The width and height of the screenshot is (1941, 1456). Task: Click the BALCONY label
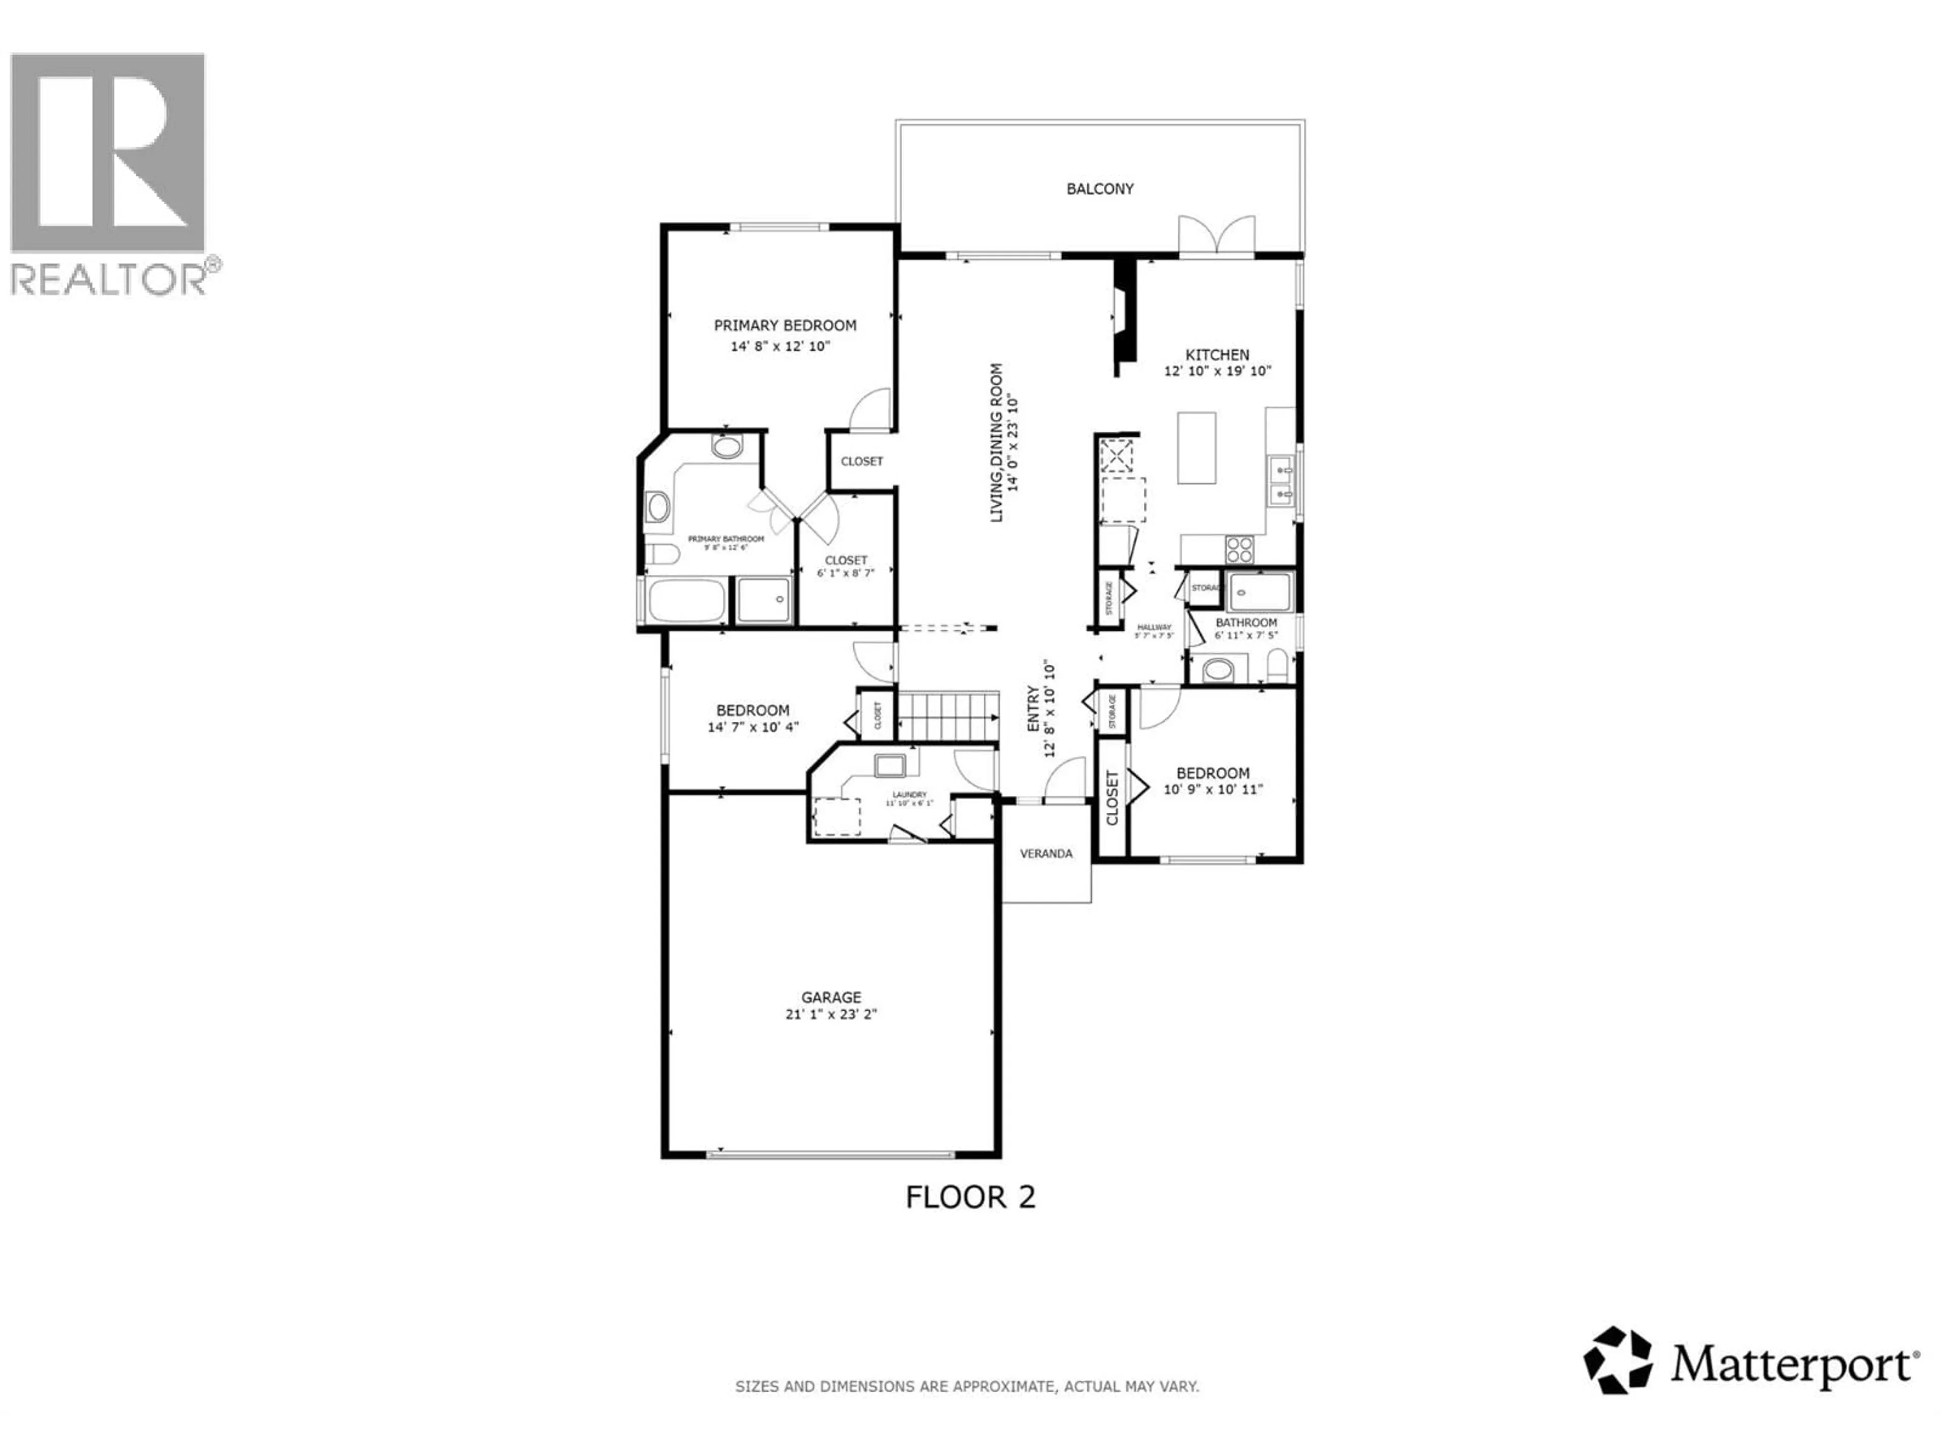1099,189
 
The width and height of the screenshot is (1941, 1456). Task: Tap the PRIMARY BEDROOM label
784,326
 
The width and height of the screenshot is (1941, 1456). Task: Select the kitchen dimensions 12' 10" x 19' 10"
1217,371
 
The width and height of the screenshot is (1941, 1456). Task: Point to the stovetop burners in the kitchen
1239,550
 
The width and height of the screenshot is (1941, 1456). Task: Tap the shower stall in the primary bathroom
763,600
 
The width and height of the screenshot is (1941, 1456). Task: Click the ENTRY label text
1033,709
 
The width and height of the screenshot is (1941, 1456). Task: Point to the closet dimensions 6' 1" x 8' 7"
845,573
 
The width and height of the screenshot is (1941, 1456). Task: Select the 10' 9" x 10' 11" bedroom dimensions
1213,789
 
